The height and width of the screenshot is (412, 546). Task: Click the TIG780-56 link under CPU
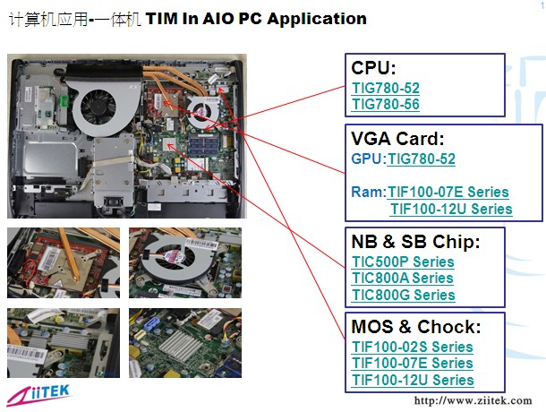pos(386,105)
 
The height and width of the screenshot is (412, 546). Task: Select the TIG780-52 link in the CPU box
pos(386,89)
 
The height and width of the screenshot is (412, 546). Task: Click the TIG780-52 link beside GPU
pos(421,159)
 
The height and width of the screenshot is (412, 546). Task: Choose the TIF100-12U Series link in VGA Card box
pos(451,209)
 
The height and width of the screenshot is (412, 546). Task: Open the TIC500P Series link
pos(403,262)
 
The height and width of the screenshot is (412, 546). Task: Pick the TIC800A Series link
pos(403,279)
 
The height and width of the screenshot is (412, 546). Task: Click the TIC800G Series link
pos(403,295)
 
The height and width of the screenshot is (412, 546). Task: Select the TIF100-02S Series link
pos(412,347)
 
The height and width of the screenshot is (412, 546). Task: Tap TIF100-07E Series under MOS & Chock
pos(412,363)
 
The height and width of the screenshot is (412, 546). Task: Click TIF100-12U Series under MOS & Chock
pos(413,379)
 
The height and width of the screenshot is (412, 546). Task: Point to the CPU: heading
pos(374,68)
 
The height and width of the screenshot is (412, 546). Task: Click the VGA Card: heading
pos(397,139)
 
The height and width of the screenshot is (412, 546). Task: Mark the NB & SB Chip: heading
pos(416,242)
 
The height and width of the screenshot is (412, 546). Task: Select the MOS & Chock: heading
pos(416,326)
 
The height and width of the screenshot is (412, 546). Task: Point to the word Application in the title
pos(317,19)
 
